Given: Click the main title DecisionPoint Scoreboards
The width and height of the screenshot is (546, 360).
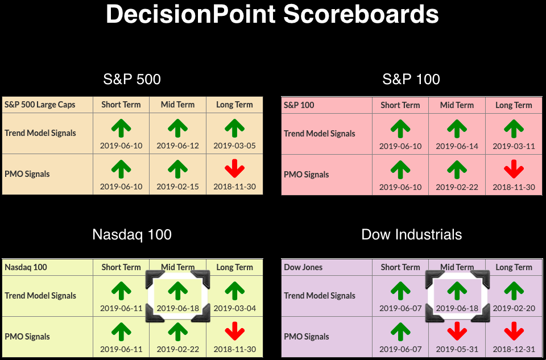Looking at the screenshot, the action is click(x=272, y=14).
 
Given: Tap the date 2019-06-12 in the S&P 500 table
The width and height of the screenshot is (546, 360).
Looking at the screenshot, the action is click(x=177, y=146).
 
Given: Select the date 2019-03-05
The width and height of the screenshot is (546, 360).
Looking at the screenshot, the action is click(x=234, y=146).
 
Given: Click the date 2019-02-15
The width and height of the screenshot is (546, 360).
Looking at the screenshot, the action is click(x=177, y=187).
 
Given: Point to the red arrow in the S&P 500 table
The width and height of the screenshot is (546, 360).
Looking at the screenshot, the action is click(x=234, y=168).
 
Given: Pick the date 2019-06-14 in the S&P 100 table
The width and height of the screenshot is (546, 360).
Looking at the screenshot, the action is click(x=457, y=146).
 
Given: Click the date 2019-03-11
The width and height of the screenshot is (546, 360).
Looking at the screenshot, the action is click(x=514, y=146).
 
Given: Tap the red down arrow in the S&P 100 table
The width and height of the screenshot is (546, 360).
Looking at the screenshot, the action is click(x=514, y=169).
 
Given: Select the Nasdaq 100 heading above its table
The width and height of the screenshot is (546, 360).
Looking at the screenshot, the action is click(x=132, y=235).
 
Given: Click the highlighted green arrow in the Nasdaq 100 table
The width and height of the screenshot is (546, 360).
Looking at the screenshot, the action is click(x=178, y=291).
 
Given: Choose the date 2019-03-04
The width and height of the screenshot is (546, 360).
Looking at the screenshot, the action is click(x=234, y=308).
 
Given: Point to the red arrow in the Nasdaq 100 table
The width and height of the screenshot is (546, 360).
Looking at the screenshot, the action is click(x=234, y=331).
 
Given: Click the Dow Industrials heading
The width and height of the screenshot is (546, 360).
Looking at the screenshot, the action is click(x=412, y=235).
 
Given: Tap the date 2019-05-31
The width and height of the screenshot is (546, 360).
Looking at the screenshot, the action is click(x=457, y=349).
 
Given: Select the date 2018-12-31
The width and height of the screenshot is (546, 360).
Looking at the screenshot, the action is click(x=514, y=349).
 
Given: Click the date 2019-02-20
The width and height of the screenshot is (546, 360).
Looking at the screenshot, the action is click(x=514, y=308).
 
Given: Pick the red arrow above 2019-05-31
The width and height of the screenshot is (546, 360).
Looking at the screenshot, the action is click(x=457, y=331).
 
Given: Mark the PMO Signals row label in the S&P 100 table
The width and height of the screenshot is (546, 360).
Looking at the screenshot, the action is click(x=306, y=175).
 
